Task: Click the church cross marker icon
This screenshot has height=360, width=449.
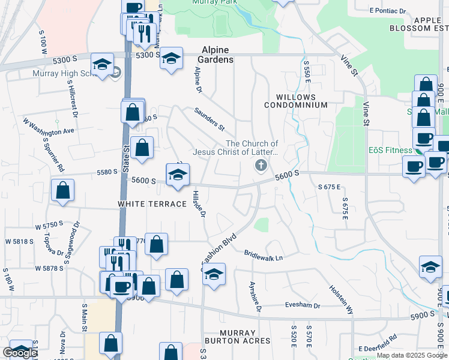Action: pos(261,165)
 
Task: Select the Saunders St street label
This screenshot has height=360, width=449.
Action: pos(209,118)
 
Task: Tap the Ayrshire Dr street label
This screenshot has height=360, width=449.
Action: pos(255,296)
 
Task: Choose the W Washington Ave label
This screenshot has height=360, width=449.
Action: pos(49,125)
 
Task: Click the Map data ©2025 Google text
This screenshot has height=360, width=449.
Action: pos(411,356)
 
